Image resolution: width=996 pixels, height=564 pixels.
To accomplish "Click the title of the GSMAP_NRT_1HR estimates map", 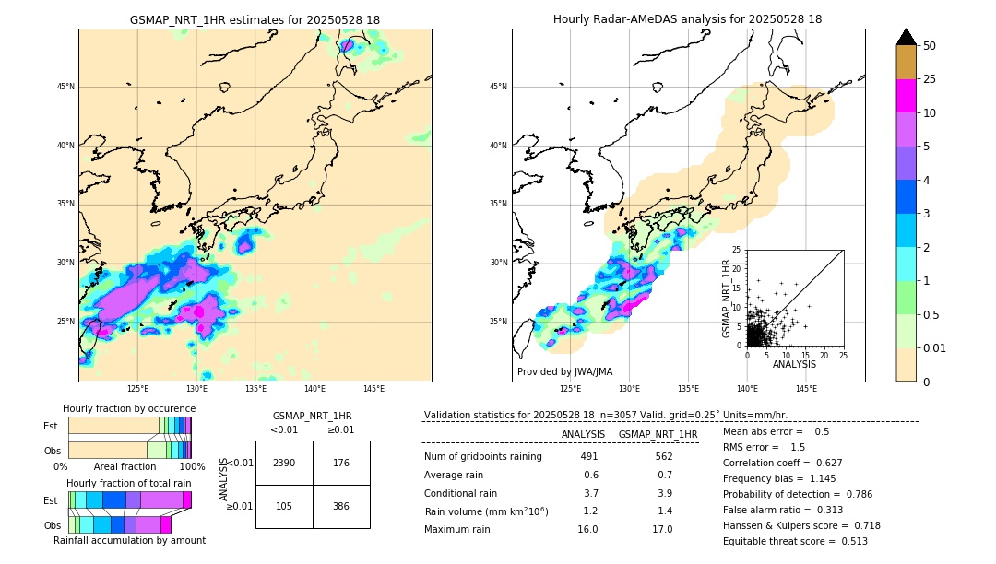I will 255,19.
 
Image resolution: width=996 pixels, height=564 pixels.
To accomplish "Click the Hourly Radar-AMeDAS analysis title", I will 687,19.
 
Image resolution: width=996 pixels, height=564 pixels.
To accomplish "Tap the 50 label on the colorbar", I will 930,46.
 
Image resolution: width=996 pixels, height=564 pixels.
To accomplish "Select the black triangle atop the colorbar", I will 907,37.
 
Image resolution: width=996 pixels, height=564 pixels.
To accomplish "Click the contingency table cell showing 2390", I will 284,463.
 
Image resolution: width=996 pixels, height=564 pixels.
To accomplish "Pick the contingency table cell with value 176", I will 341,463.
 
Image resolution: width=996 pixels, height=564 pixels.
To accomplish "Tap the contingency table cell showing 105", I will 284,507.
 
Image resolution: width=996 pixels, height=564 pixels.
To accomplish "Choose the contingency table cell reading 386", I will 341,507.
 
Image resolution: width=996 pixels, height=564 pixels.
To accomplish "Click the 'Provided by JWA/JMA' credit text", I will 564,372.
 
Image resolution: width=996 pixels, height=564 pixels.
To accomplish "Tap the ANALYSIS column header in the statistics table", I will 583,434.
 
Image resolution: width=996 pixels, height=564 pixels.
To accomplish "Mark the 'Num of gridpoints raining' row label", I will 482,456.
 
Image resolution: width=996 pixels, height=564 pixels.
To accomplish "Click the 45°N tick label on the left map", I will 65,87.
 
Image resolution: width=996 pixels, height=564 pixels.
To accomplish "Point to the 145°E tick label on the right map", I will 806,389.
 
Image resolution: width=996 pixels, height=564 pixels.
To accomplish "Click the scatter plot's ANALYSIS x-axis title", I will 794,364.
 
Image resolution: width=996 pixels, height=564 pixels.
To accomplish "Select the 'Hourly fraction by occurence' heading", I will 129,408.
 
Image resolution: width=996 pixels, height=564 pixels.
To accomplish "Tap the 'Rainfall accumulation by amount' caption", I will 129,540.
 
